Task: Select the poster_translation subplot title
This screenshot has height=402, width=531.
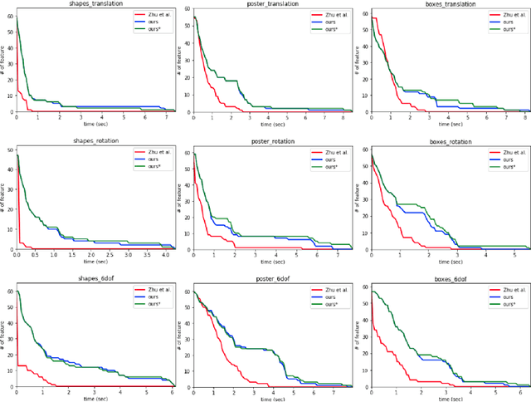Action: pos(272,4)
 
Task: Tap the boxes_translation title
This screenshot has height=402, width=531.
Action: pos(450,4)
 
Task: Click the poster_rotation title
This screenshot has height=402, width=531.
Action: pos(272,141)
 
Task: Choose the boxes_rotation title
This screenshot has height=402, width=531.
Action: pos(450,141)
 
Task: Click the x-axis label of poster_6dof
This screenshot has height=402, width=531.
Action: pos(272,398)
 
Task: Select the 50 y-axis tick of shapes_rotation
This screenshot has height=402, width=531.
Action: pos(8,150)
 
